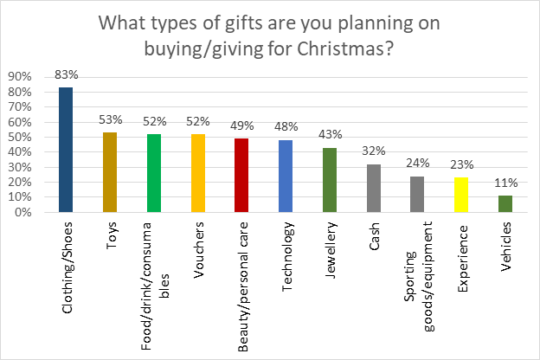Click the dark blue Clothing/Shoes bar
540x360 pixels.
click(66, 150)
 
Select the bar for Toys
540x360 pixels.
click(110, 172)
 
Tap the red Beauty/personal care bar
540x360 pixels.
click(241, 175)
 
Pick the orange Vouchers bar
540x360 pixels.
click(198, 173)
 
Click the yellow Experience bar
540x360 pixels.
click(461, 195)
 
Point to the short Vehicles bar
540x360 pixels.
click(505, 203)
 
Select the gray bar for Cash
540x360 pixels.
click(374, 188)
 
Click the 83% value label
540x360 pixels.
click(67, 74)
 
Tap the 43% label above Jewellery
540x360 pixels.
click(331, 134)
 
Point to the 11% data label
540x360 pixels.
click(506, 183)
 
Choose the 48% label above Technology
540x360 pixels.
click(286, 126)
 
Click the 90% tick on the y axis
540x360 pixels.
click(20, 76)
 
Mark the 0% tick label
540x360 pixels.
click(23, 212)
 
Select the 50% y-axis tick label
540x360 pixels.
click(20, 137)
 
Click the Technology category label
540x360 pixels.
click(287, 257)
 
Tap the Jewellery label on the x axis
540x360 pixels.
click(331, 250)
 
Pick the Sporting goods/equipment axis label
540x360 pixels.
click(419, 277)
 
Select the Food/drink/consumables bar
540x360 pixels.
click(154, 173)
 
